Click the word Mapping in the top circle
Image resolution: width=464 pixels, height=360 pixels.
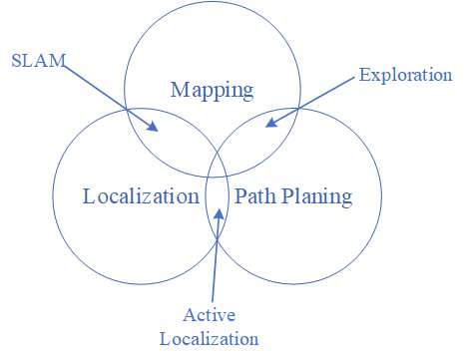[212, 91]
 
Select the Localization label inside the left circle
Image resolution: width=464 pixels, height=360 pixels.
[140, 195]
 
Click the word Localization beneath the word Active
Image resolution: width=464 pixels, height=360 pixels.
[210, 337]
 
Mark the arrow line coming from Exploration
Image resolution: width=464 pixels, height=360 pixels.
[314, 100]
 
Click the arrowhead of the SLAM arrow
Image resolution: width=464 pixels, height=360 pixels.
[153, 127]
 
